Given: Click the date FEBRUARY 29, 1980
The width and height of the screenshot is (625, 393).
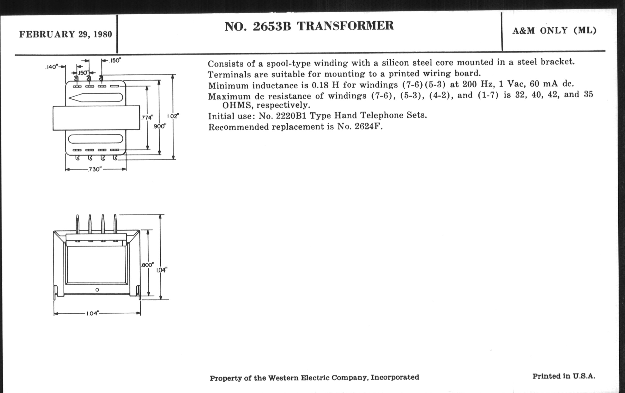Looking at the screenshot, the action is click(66, 34).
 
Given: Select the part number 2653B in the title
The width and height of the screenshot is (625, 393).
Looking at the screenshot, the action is click(272, 26).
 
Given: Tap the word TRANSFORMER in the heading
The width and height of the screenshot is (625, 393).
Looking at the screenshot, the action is click(345, 26).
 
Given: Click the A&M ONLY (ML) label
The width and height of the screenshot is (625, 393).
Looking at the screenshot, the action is click(554, 31).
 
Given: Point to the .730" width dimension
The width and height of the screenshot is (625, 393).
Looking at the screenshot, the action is click(94, 169).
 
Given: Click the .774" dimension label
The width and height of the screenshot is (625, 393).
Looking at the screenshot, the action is click(147, 118).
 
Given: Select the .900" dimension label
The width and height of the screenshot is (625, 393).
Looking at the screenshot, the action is click(159, 126).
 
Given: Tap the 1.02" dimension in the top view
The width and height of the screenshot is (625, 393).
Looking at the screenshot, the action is click(173, 116).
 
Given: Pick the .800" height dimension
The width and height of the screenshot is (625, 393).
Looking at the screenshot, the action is click(148, 265).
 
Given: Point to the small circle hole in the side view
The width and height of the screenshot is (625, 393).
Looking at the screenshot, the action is click(97, 290).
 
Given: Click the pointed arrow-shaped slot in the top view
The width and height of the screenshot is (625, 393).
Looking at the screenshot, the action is click(96, 97).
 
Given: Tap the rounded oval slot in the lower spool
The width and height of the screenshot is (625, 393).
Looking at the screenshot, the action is click(96, 139).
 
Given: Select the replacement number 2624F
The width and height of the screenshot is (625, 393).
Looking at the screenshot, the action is click(369, 127).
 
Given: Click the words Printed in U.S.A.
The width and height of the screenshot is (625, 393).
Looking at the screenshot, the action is click(564, 376).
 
